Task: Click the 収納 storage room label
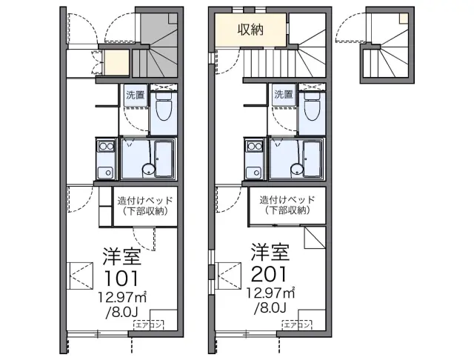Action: [x=250, y=30]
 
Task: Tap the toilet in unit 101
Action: [x=164, y=107]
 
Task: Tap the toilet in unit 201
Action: [x=313, y=107]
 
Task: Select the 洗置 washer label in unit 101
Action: [x=135, y=96]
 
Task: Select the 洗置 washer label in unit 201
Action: [x=284, y=95]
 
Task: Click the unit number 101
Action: [x=121, y=278]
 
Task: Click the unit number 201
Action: [x=269, y=274]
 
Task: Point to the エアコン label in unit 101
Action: [x=149, y=325]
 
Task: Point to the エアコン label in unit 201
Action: [x=297, y=325]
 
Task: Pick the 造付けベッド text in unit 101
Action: [x=145, y=201]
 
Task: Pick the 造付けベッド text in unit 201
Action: [x=287, y=199]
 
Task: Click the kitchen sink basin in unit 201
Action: [x=254, y=173]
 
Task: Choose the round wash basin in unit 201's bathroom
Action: [x=296, y=170]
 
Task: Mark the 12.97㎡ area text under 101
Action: [x=121, y=298]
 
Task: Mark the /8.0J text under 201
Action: [x=270, y=307]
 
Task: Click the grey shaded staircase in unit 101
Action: [x=158, y=45]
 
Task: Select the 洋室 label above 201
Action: [x=270, y=252]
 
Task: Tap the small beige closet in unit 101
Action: [x=116, y=62]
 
